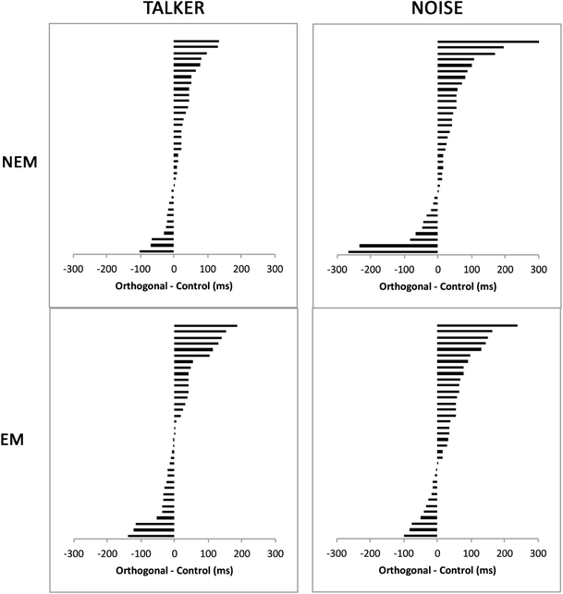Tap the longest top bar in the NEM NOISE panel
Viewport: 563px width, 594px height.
[x=487, y=41]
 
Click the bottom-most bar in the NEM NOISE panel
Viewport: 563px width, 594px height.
[x=393, y=251]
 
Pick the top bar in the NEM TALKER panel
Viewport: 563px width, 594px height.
[x=195, y=41]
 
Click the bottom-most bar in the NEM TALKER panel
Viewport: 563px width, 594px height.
[x=156, y=251]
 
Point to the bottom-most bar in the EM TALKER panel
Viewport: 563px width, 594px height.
[x=151, y=536]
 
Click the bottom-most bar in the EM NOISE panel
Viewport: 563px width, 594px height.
[x=421, y=536]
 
